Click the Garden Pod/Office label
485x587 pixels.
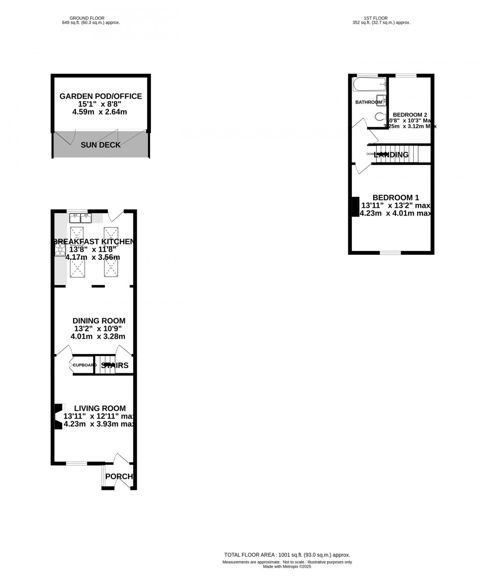[x=100, y=96]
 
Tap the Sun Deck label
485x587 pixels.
[x=100, y=145]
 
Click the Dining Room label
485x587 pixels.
[x=99, y=321]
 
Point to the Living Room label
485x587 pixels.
[x=99, y=408]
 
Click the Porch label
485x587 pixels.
[x=119, y=476]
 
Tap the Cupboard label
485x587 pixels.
[x=85, y=365]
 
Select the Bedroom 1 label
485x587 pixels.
[x=395, y=197]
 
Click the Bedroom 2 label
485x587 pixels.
[x=410, y=115]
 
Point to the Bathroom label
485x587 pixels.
[x=369, y=102]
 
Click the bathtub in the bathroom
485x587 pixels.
[x=369, y=84]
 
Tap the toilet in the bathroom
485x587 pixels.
[x=380, y=117]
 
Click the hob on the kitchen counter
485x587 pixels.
[x=59, y=250]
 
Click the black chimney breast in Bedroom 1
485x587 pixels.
[x=355, y=207]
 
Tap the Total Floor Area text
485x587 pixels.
[x=287, y=555]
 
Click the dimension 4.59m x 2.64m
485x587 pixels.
[x=99, y=112]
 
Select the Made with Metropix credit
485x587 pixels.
[x=287, y=567]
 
